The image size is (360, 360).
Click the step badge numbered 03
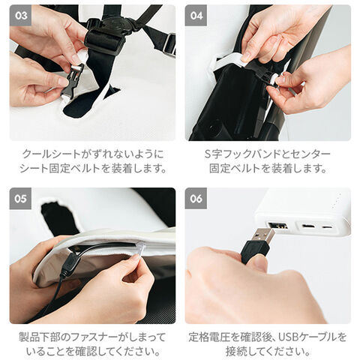click(20, 16)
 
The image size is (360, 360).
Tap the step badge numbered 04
click(196, 16)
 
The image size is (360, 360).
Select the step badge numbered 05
click(20, 199)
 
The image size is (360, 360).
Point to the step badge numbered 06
click(196, 199)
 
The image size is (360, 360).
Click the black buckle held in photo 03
click(72, 80)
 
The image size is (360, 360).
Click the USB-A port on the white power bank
click(278, 226)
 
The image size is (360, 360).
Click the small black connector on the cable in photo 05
click(67, 265)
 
